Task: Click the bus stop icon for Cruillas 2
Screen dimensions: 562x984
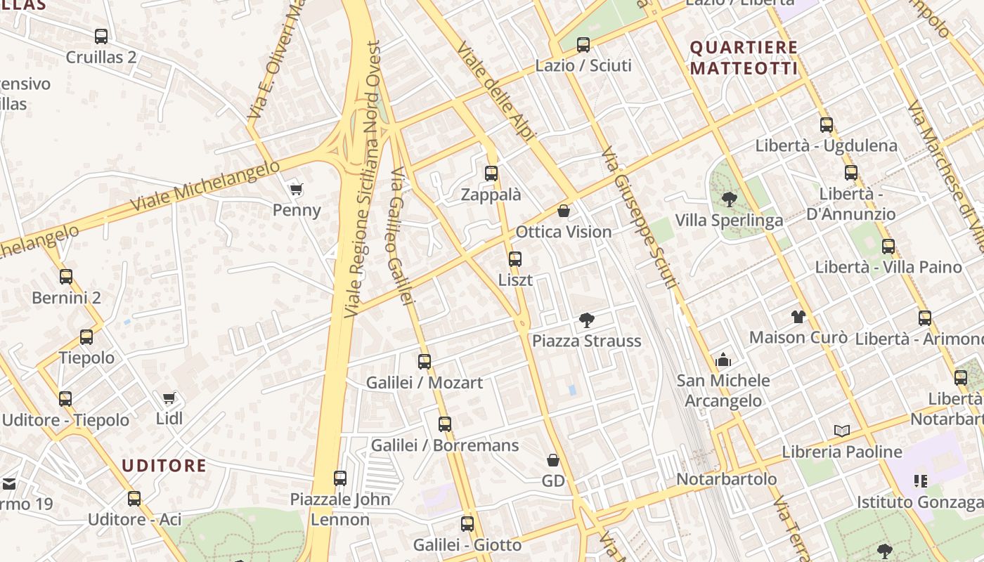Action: (x=101, y=37)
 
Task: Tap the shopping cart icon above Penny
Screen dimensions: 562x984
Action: (x=297, y=189)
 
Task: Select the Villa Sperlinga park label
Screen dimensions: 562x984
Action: (x=729, y=221)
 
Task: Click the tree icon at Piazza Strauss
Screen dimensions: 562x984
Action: (x=586, y=321)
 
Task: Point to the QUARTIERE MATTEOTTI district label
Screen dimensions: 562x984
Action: (x=744, y=58)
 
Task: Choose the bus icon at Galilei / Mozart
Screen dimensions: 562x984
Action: (x=425, y=362)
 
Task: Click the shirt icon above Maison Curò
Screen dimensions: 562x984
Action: (x=798, y=317)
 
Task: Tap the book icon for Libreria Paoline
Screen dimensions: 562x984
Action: (x=841, y=431)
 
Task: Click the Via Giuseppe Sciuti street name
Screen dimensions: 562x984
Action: (x=640, y=218)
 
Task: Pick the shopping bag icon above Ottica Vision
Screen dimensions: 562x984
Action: (x=563, y=211)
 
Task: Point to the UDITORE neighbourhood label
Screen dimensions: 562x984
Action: (x=164, y=466)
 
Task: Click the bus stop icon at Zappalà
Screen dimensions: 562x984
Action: (x=491, y=174)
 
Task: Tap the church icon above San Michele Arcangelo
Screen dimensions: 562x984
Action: (x=723, y=360)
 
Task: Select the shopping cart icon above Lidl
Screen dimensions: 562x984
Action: (x=169, y=398)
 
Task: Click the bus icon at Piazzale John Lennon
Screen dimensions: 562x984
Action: (x=340, y=478)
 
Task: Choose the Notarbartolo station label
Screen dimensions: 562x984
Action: (x=727, y=479)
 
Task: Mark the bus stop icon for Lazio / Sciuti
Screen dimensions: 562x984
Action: (x=583, y=45)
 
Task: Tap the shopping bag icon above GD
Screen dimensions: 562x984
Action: (x=553, y=460)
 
